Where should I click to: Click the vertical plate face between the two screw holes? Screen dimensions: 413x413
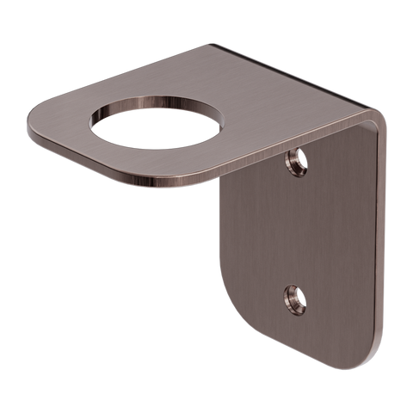[297, 228]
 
